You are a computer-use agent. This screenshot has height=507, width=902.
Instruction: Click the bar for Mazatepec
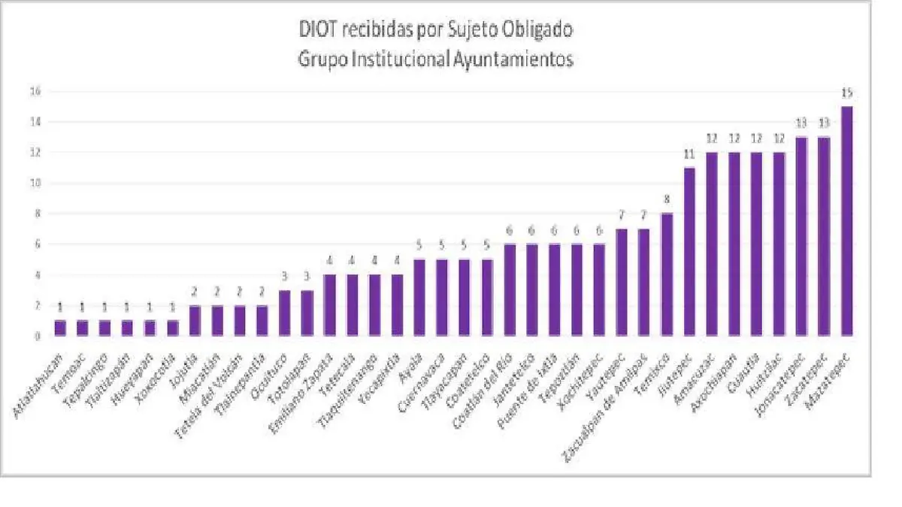tap(847, 222)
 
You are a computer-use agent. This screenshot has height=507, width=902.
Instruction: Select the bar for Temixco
tap(667, 275)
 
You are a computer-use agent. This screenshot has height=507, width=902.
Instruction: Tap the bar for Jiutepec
tap(689, 252)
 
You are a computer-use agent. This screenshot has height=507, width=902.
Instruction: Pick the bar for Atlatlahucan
tap(60, 328)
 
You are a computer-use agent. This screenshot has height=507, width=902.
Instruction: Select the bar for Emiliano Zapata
tap(330, 305)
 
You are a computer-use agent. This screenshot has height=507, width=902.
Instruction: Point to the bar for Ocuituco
tap(285, 313)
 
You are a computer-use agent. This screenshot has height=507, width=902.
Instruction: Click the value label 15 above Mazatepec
tap(847, 93)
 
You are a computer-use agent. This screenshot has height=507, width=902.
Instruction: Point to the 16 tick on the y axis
tap(34, 91)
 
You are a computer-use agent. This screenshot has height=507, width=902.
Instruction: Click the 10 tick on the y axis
tap(34, 183)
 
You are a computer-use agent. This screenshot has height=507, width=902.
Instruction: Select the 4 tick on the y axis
tap(34, 275)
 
